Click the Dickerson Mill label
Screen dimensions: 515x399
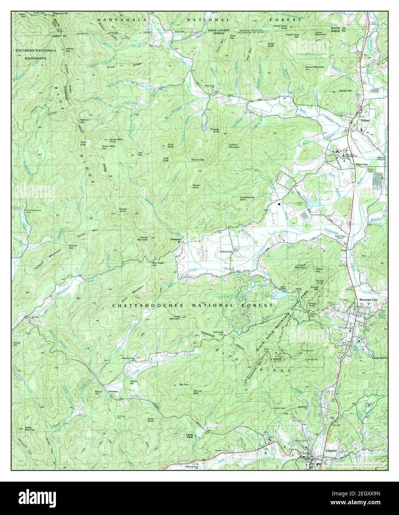pyautogui.click(x=176, y=240)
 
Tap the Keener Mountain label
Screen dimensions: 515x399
pyautogui.click(x=143, y=239)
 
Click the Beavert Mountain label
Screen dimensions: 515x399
pyautogui.click(x=315, y=67)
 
